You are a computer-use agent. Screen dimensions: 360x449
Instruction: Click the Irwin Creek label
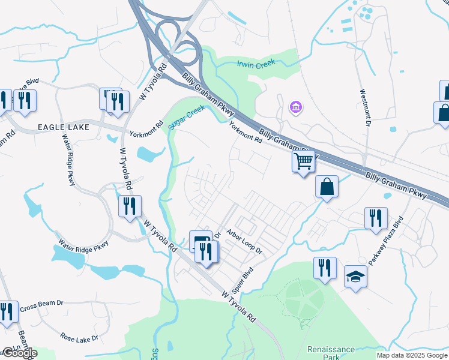point(256,63)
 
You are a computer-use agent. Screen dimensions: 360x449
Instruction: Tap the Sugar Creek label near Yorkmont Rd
point(187,117)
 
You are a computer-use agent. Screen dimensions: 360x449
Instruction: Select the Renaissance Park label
point(331,353)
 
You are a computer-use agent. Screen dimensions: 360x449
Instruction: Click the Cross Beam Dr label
point(41,308)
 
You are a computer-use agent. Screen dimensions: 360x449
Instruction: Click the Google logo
point(19,353)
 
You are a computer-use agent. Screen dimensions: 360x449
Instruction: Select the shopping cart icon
point(304,161)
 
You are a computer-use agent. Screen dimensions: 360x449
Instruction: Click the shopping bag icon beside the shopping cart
point(327,186)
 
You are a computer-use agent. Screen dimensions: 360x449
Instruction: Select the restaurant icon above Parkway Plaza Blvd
point(376,218)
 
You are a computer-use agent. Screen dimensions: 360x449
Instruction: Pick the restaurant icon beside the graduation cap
point(325,268)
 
